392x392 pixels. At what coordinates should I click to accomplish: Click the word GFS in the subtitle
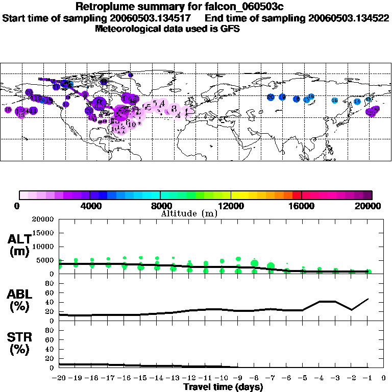230,29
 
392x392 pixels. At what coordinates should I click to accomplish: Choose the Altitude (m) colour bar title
189,213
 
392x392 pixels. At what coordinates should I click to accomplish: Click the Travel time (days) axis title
223,387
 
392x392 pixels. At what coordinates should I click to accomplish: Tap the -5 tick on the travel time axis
302,378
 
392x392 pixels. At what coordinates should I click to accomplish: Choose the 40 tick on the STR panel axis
50,349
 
